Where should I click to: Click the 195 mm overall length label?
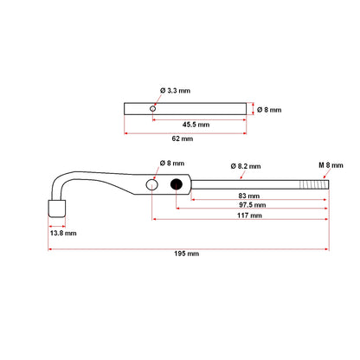186,254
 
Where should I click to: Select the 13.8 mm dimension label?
62,233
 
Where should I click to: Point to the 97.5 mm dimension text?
248,206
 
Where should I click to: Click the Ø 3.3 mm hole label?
175,90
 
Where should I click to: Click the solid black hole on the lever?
177,184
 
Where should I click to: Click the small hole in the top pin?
152,109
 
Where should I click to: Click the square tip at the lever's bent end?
56,209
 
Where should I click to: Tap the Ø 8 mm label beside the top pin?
271,109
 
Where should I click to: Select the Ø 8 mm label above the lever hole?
173,164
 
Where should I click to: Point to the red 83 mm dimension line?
286,199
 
